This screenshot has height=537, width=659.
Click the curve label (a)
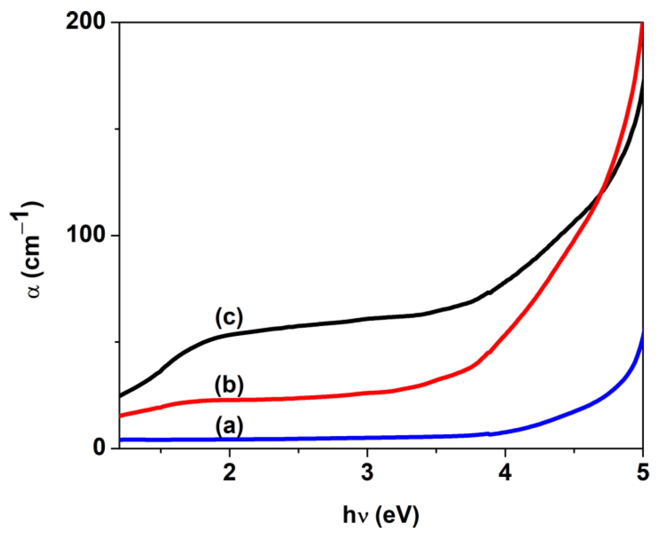tap(229, 426)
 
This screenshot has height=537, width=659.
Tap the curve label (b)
tap(229, 386)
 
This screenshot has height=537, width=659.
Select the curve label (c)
tap(229, 317)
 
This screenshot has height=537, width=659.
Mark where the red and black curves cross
tap(602, 194)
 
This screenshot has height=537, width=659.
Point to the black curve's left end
tap(120, 396)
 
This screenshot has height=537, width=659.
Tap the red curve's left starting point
tap(120, 416)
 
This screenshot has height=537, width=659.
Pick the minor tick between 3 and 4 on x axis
tap(436, 451)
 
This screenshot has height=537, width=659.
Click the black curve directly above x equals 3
tap(367, 318)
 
